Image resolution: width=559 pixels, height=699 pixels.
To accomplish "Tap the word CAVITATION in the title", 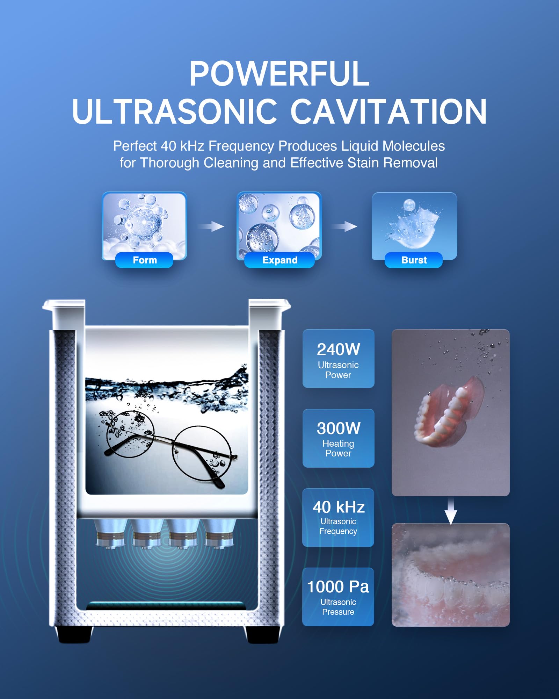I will (x=388, y=111).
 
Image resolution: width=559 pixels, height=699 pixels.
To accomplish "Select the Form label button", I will (x=144, y=260).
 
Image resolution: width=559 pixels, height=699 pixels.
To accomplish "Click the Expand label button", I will (x=279, y=260).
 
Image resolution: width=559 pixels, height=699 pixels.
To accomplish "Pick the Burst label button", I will (x=414, y=260).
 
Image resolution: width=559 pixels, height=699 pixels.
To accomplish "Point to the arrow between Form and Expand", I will (x=212, y=226).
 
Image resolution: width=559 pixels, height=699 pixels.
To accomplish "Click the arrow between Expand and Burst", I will (x=344, y=226).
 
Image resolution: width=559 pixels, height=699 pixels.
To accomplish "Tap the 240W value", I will (x=338, y=349).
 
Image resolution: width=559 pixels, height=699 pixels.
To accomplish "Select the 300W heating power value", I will (x=338, y=428).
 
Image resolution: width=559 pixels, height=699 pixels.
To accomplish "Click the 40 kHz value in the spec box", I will (x=338, y=507).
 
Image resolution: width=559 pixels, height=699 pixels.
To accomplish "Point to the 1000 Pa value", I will (x=338, y=587).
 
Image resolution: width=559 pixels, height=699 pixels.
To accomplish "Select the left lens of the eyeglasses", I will (x=130, y=434).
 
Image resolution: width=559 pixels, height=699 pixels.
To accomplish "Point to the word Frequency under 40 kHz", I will (x=338, y=531).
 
